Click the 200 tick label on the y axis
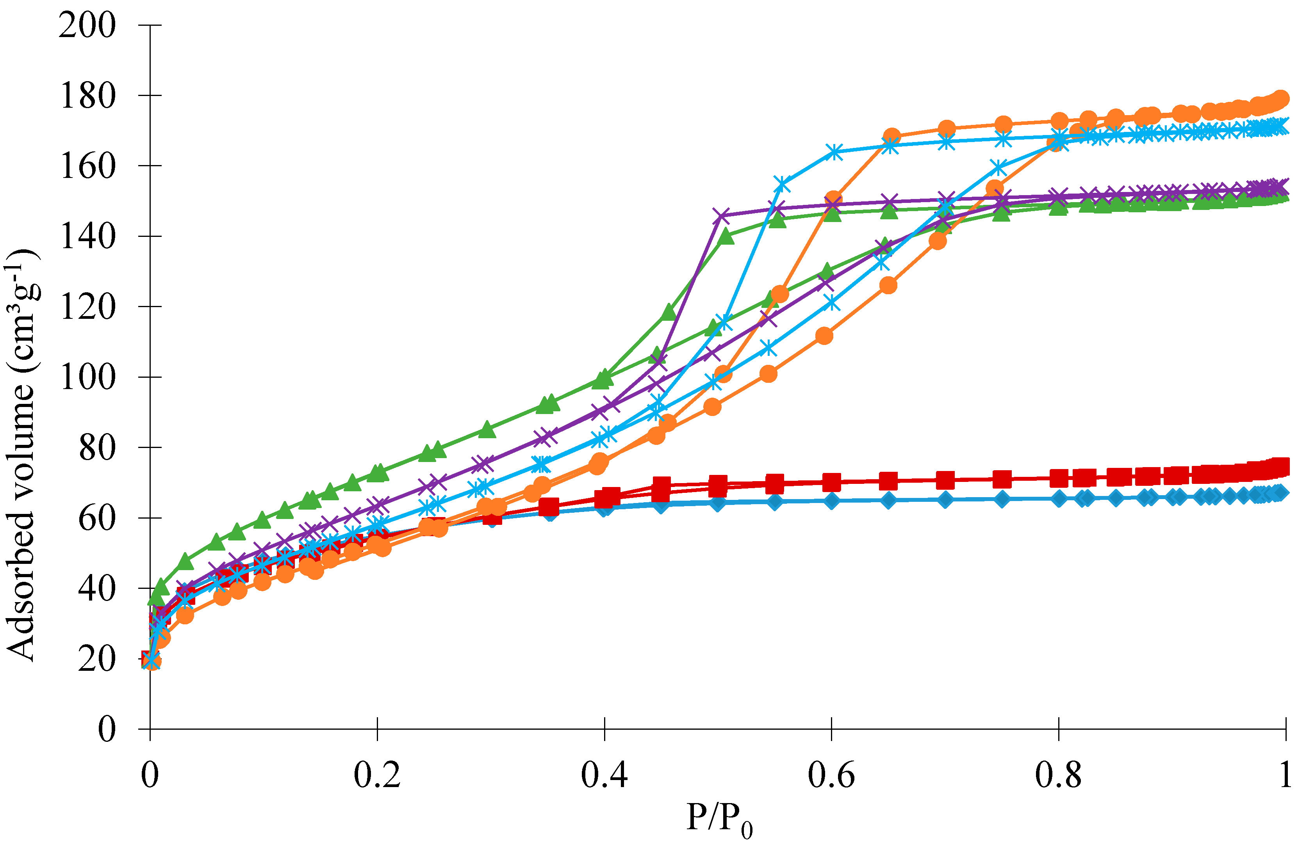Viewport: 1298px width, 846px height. tap(87, 25)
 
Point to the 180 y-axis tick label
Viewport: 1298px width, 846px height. tap(87, 96)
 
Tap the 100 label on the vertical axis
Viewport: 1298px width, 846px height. tap(87, 377)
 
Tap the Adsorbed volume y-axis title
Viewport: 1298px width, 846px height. tap(22, 455)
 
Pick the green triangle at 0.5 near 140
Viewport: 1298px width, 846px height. tap(726, 236)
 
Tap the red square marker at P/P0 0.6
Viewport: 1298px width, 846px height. tap(831, 482)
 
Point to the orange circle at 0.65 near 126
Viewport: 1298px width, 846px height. tap(888, 285)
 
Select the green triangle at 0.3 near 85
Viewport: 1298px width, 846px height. tap(487, 430)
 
